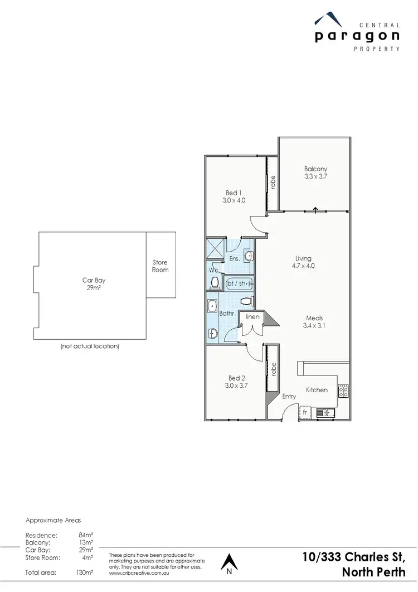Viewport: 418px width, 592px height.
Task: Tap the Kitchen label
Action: click(x=317, y=390)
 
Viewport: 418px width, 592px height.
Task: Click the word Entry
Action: click(x=289, y=397)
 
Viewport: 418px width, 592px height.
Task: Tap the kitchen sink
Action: click(x=324, y=413)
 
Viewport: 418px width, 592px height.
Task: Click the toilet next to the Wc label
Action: click(x=215, y=283)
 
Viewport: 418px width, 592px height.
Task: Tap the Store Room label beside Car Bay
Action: click(x=161, y=266)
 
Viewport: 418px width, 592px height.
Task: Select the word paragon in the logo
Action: click(x=357, y=36)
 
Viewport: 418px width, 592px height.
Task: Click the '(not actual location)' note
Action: click(x=90, y=346)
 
